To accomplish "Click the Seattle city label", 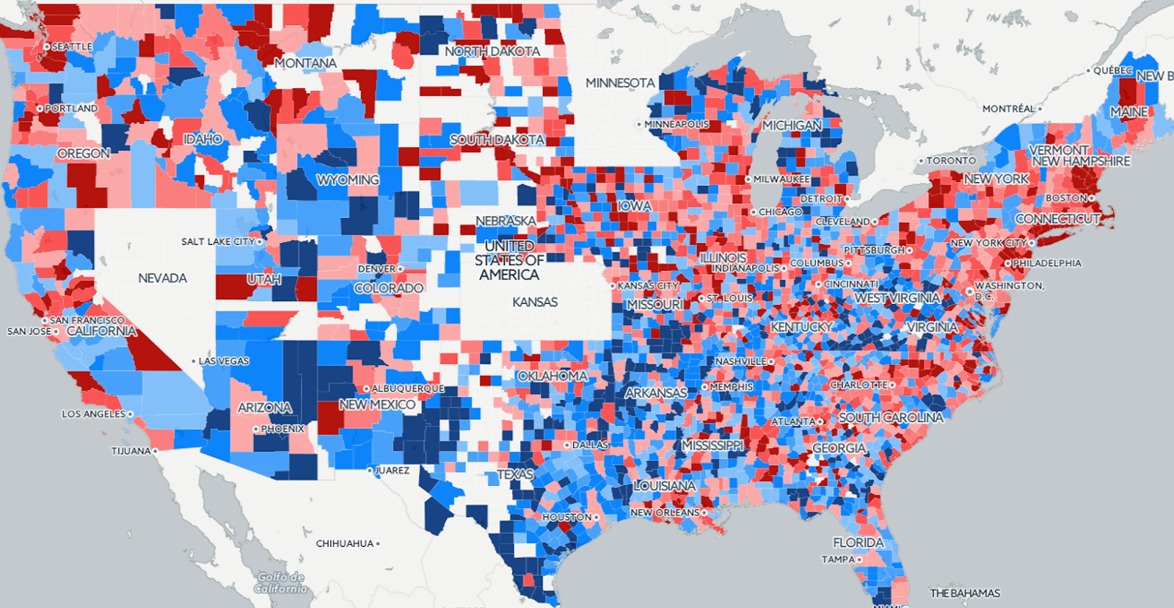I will (x=71, y=46).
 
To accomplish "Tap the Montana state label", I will (x=305, y=64).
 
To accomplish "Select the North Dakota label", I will (x=492, y=51).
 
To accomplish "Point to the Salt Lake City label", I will (x=218, y=242).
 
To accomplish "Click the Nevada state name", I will (x=162, y=278).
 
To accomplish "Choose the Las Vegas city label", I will (x=224, y=361).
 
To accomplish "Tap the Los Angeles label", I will (x=93, y=414).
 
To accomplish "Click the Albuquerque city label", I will (x=407, y=388).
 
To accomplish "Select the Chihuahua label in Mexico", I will (x=345, y=544).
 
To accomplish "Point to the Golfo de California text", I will (x=281, y=583).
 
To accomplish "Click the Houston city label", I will (x=566, y=517).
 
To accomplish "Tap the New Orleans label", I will (x=665, y=513).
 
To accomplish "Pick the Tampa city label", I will (x=838, y=560).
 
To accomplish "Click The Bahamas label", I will (x=965, y=593).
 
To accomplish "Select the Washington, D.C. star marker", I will (x=969, y=292).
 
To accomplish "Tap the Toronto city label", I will (x=951, y=161).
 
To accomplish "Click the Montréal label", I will (x=1008, y=109).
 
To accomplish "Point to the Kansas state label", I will (x=535, y=303).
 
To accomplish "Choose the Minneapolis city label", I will (x=677, y=124).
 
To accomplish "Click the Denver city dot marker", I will (x=401, y=269).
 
